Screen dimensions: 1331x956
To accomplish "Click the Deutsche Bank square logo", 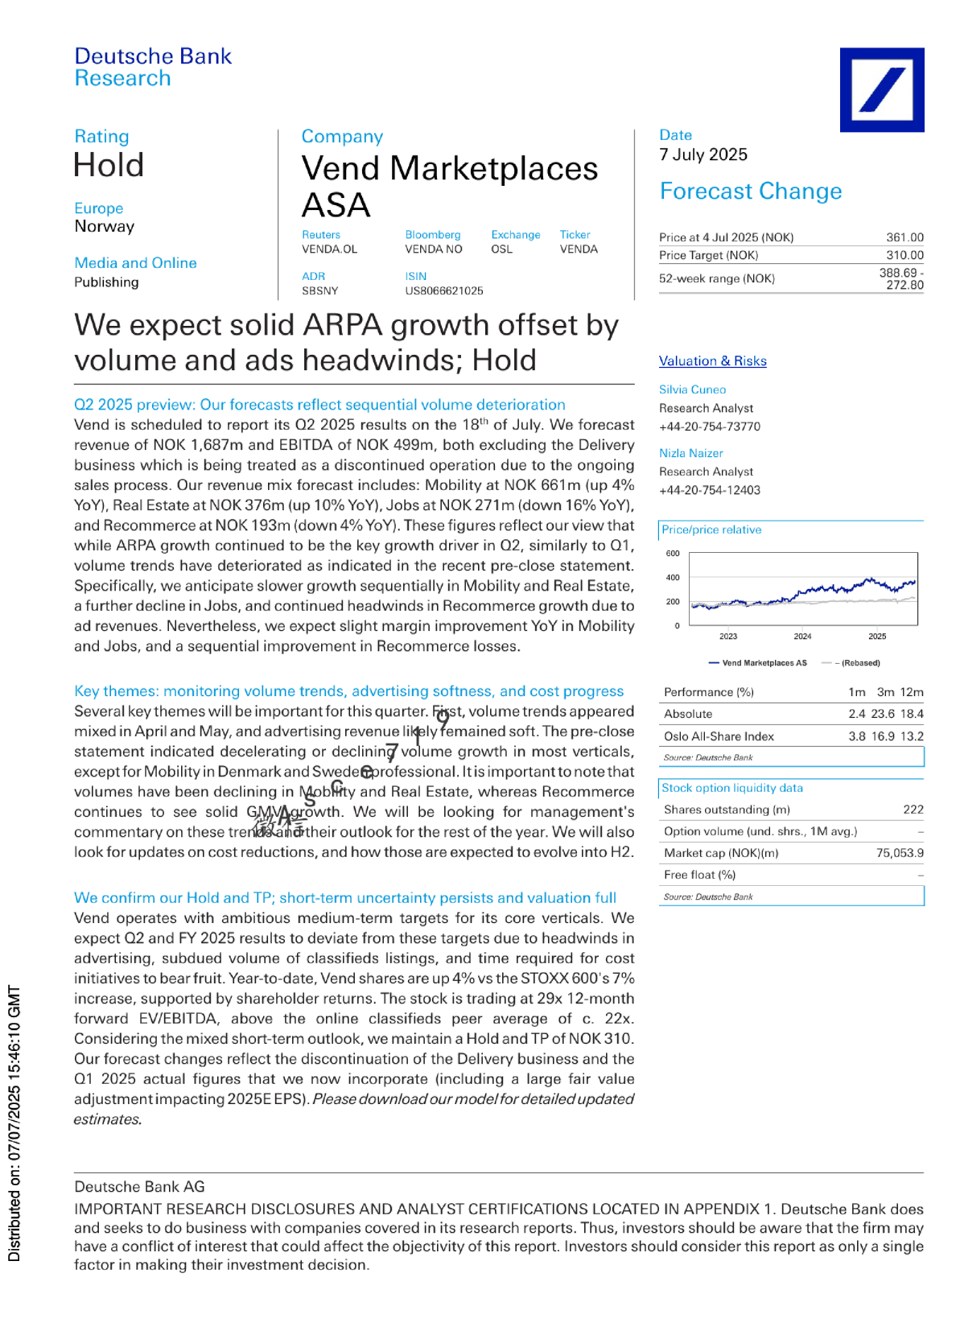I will tap(881, 89).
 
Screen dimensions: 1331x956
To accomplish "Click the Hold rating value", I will tap(109, 166).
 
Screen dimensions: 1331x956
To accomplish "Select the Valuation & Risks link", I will tap(712, 361).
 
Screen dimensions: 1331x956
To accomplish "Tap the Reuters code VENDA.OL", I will tap(329, 249).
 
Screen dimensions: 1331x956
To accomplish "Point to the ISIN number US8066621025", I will tap(443, 291).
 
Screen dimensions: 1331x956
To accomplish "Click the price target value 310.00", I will tap(904, 255).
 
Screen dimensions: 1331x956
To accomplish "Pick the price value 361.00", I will tap(904, 237).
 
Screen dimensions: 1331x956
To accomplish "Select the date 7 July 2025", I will tap(703, 155).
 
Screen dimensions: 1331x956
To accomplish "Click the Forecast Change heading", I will tap(750, 192).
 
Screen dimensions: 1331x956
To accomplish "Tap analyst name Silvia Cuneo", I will tap(692, 389).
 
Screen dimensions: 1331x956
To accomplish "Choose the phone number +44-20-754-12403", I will tap(709, 490).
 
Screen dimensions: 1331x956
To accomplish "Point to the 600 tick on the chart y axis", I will tap(673, 554).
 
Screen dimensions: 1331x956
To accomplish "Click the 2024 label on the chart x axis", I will tap(802, 637).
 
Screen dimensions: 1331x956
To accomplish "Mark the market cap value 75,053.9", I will tap(900, 853).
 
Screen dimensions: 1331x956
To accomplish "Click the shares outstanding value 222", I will tap(913, 810).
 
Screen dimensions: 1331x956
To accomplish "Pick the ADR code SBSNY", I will tap(319, 291).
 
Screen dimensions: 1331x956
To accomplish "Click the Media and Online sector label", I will tap(135, 263).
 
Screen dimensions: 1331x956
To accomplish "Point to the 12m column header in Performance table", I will tap(912, 692).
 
